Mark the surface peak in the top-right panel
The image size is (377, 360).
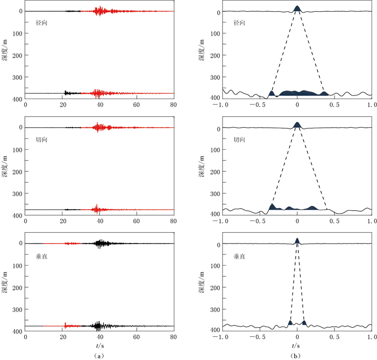coord(297,8)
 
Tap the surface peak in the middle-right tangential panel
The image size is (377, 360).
coord(297,124)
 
